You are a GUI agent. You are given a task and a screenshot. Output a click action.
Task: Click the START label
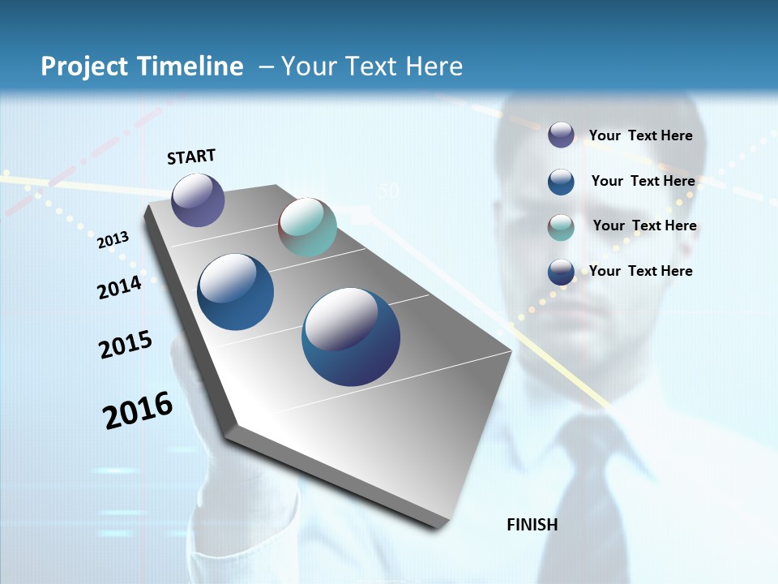[191, 157]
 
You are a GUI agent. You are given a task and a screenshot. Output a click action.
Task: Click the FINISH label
[532, 525]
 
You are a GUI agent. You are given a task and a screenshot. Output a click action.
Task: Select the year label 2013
[113, 240]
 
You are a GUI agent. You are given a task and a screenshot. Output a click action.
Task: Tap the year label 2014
[119, 287]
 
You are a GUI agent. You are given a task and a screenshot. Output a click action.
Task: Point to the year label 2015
[126, 345]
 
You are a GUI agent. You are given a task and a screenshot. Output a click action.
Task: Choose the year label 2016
[138, 410]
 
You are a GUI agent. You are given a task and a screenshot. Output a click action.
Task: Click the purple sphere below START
[198, 200]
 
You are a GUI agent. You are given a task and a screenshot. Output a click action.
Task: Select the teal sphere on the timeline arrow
[307, 227]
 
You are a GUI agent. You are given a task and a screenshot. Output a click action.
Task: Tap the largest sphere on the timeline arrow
[351, 337]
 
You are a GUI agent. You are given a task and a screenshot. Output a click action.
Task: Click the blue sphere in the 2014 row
[236, 292]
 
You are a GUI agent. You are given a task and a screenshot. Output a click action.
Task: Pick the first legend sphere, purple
[561, 135]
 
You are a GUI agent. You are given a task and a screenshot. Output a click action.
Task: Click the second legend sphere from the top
[561, 182]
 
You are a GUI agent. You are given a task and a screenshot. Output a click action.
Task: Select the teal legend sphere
[561, 227]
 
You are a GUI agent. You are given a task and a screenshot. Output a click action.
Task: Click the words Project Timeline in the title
[142, 67]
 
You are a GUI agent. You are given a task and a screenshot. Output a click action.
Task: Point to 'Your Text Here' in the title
[371, 67]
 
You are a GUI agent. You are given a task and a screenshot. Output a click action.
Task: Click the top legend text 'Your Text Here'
[640, 135]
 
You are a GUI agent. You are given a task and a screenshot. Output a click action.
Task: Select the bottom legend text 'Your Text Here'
[640, 271]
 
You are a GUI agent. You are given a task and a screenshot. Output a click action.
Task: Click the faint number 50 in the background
[389, 191]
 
